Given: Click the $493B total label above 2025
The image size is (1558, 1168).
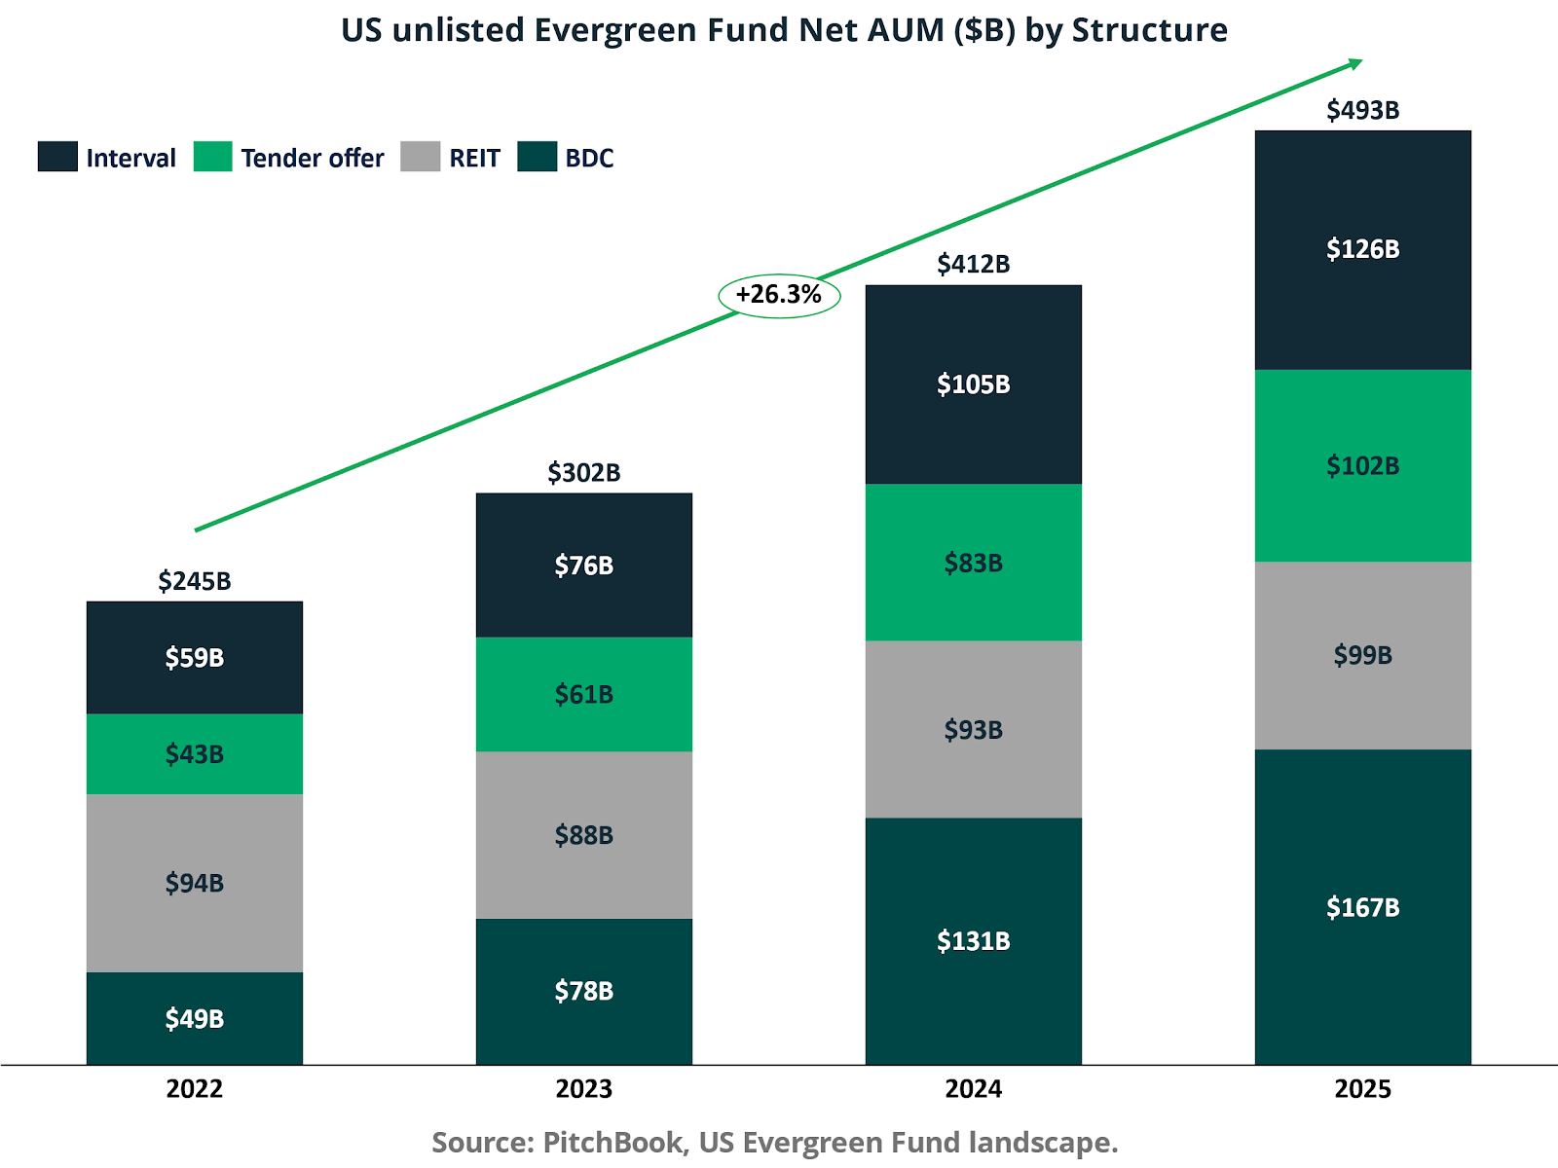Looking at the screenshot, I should point(1362,110).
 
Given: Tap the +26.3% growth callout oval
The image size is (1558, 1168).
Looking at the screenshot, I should point(779,295).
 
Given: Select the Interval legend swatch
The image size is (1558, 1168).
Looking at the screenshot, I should point(57,157).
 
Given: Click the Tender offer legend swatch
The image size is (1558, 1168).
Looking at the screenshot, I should point(212,157).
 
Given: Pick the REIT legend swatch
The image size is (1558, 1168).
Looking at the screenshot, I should point(420,157).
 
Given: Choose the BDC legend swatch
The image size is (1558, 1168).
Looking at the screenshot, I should point(537,157).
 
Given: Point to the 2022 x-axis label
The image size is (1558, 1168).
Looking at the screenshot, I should point(195,1088).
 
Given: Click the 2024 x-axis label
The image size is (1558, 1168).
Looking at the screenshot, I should point(973,1088).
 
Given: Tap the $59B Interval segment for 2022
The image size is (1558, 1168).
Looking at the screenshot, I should point(195,658).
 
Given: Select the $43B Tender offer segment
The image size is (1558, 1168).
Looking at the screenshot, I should point(195,754).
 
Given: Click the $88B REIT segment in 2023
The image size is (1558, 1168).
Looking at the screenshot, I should point(584,835).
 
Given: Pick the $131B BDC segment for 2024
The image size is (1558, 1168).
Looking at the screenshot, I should point(973,941).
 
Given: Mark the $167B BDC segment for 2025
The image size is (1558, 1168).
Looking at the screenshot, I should point(1362,907).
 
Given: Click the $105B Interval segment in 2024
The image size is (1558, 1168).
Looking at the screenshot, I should point(973,384).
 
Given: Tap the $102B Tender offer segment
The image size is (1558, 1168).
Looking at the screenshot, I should point(1362,465).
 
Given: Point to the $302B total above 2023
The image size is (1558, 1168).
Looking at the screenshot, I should point(584,473).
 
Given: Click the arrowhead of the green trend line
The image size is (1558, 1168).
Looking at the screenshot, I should point(1355,63).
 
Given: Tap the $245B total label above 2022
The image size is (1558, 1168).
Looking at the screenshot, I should point(195,581).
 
